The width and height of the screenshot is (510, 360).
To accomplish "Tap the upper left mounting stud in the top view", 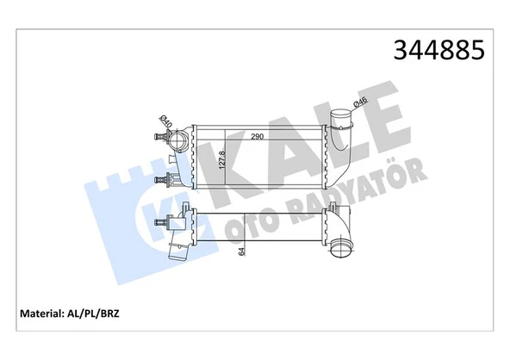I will coord(160,135).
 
